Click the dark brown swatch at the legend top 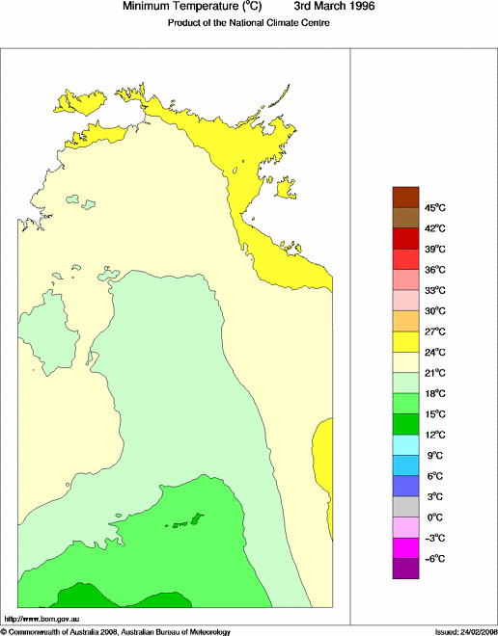point(405,196)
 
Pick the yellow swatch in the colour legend point(405,341)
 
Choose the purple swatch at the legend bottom point(405,569)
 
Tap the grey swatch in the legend point(405,507)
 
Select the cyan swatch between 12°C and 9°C point(405,444)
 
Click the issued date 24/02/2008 point(473,631)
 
